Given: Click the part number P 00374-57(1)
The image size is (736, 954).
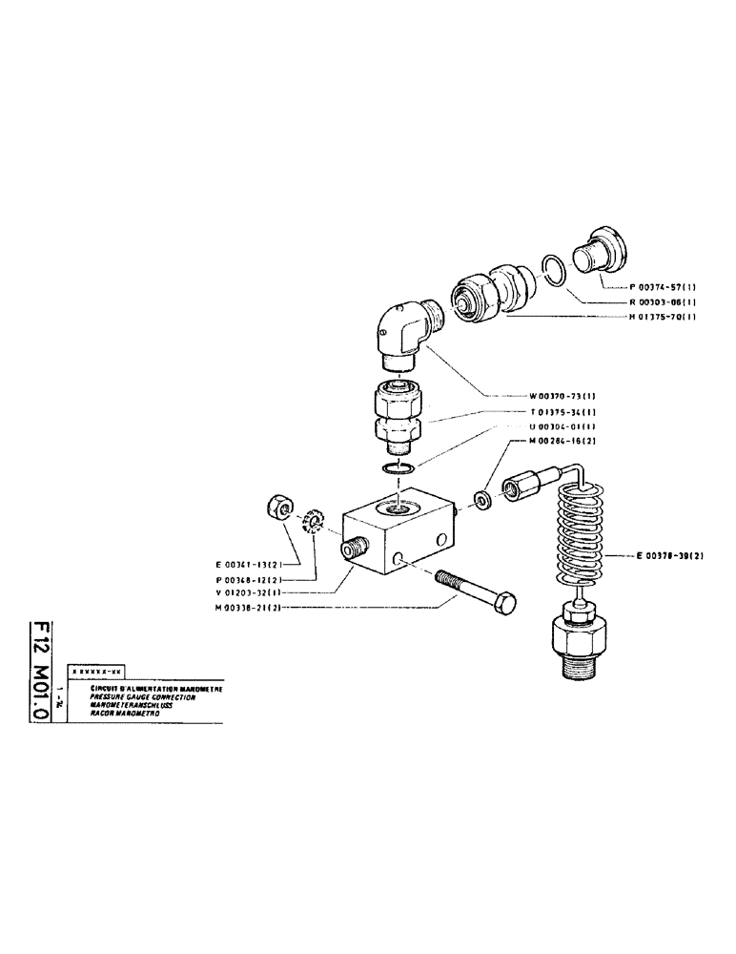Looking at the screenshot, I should [x=664, y=286].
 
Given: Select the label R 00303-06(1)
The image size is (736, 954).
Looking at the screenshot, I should [x=664, y=301].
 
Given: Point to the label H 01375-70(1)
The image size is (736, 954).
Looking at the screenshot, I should [x=664, y=318].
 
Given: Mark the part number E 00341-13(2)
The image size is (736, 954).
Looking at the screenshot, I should [x=246, y=564].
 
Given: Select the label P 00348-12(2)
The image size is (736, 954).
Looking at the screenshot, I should [x=246, y=578].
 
